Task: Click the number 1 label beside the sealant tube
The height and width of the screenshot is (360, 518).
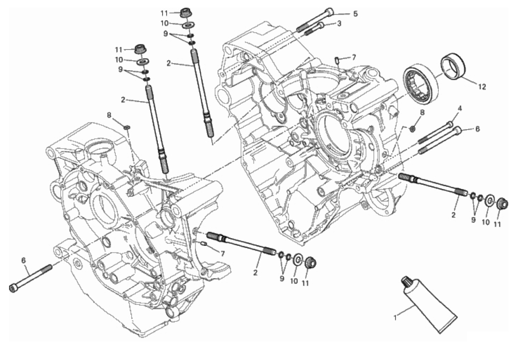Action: coord(395,318)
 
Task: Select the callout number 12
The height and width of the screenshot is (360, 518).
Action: coord(482,87)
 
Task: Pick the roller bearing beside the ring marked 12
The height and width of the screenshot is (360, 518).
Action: coord(421,85)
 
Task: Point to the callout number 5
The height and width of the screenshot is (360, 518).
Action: coord(355,14)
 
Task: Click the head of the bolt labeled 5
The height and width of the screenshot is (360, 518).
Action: coord(329,12)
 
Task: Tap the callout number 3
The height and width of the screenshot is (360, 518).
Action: coord(339,24)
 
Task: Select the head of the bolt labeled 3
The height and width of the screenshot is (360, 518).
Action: coord(321,25)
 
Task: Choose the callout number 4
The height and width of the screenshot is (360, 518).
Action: coord(460,109)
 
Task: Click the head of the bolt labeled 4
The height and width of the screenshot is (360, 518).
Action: coord(450,124)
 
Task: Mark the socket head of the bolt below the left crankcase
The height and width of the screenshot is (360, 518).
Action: coord(14,288)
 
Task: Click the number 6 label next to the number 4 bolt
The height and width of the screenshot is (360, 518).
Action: coord(478,129)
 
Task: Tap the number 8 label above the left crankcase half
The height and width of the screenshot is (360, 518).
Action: coord(109,115)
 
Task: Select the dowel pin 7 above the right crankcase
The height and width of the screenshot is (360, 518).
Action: coord(337,60)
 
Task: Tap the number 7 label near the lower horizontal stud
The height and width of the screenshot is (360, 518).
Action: coord(222,254)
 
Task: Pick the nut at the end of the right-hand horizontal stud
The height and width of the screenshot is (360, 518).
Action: coord(502,204)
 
